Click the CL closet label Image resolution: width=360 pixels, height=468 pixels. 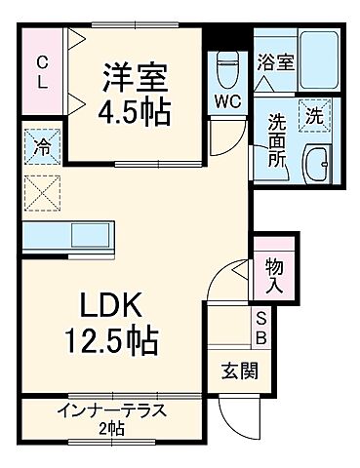tap(42, 72)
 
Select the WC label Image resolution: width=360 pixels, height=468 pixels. tap(227, 101)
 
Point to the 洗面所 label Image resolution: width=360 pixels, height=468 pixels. tap(276, 142)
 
